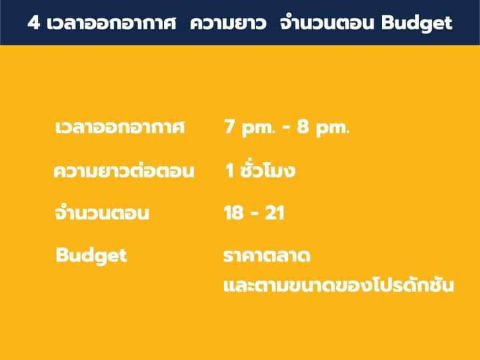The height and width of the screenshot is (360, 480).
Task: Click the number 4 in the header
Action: click(34, 23)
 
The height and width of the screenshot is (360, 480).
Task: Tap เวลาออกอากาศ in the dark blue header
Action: click(111, 23)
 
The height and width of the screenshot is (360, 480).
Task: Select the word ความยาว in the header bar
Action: click(228, 23)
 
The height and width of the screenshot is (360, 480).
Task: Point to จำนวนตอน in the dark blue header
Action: click(327, 23)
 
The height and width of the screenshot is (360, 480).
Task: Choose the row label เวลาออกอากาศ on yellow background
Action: click(120, 127)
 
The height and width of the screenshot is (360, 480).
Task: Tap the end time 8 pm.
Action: click(323, 127)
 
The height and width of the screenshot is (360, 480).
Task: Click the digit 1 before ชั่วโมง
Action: click(230, 171)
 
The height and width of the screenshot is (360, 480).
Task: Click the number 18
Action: click(234, 213)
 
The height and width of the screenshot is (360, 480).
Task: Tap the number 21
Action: click(275, 213)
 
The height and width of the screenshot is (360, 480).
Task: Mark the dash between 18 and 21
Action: click(255, 213)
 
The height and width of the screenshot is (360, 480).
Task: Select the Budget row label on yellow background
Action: click(91, 256)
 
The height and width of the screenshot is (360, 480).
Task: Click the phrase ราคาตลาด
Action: click(267, 256)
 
